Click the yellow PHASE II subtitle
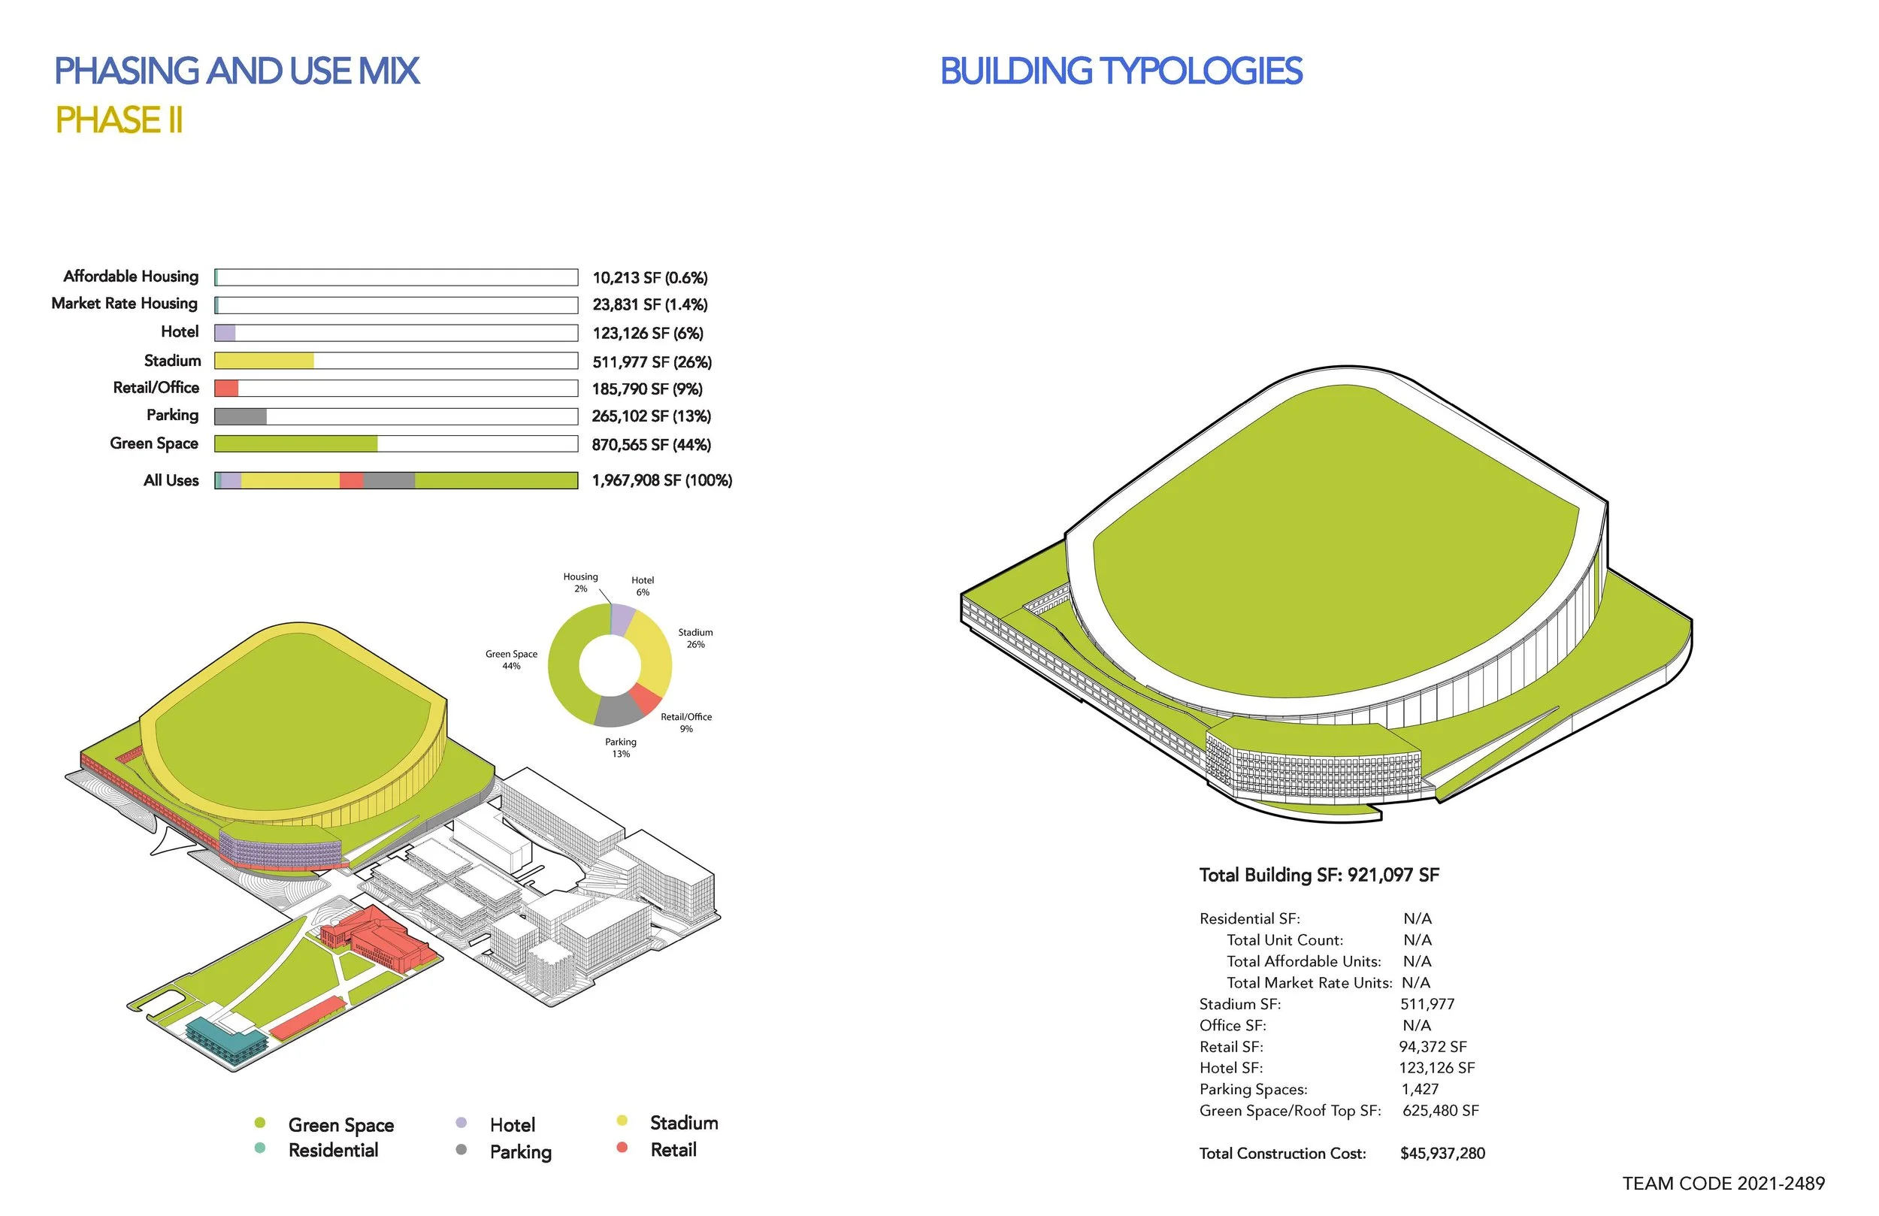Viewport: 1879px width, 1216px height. (119, 120)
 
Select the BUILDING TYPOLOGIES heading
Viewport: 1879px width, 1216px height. (1121, 71)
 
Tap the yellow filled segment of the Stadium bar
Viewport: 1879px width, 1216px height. (265, 361)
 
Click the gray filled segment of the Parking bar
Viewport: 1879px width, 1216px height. (241, 416)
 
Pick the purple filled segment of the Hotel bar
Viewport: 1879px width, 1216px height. (225, 333)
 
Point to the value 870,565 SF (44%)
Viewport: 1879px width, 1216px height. (652, 445)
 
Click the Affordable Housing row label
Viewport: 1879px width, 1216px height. (131, 277)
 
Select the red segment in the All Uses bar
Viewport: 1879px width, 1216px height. (351, 480)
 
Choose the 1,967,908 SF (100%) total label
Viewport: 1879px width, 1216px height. (662, 480)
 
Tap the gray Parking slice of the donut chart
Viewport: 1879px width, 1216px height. (617, 711)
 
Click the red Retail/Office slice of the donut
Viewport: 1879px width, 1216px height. (646, 698)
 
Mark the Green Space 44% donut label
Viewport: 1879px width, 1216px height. (512, 660)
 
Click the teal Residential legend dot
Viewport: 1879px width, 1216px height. (260, 1148)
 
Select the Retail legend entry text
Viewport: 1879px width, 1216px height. (673, 1150)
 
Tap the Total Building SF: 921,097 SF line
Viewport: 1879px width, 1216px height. (1319, 875)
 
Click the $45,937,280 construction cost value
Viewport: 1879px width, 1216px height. (1442, 1154)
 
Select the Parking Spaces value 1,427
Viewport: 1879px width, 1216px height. (1421, 1090)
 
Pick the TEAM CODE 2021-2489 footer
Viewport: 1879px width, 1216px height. (1723, 1184)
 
